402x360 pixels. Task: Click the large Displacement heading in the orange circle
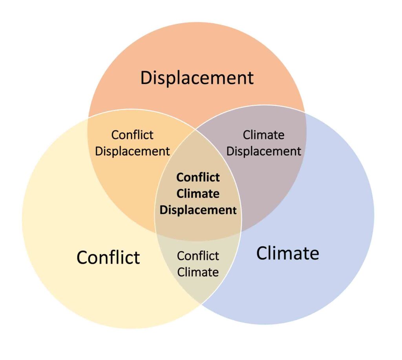click(197, 78)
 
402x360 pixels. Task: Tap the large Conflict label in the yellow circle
click(108, 257)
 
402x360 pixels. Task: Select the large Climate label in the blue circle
click(288, 253)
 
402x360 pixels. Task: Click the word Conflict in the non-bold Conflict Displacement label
click(132, 135)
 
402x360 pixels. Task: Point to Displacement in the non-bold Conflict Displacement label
click(132, 151)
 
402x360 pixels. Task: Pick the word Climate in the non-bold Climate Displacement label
click(263, 135)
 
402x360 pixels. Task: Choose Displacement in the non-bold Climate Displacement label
click(263, 151)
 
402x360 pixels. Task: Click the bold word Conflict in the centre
click(198, 177)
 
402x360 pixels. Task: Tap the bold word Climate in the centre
click(198, 194)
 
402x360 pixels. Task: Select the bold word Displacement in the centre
click(198, 210)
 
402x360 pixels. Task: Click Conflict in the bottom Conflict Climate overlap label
click(198, 256)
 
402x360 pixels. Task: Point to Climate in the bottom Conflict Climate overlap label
click(198, 272)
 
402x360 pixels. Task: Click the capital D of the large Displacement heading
click(146, 78)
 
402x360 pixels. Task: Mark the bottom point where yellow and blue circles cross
click(201, 303)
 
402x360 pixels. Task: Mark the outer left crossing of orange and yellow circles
click(88, 117)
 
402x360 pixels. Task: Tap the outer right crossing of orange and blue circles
click(305, 112)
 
